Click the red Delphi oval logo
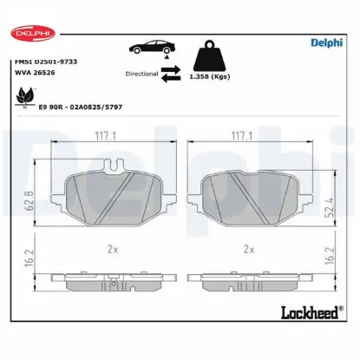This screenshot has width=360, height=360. pyautogui.click(x=33, y=32)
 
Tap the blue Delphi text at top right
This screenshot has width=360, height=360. pyautogui.click(x=327, y=41)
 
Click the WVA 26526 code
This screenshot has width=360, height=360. pyautogui.click(x=34, y=75)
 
